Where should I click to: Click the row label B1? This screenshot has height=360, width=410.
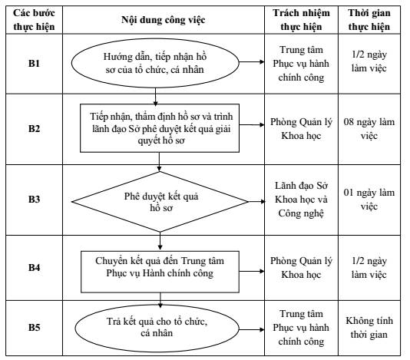coord(34,64)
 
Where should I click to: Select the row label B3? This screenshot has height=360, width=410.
coord(34,200)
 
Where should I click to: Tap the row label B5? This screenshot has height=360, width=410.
coord(34,327)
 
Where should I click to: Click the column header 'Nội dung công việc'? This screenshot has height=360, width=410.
coord(164,20)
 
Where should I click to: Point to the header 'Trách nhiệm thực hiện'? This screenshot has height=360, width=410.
coord(301,20)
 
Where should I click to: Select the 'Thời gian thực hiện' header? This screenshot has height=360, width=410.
coord(369,20)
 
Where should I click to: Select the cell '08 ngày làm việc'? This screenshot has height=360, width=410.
coord(369,129)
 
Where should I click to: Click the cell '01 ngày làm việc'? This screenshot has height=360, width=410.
coord(369,200)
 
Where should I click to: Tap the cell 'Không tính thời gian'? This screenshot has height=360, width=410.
coord(369,327)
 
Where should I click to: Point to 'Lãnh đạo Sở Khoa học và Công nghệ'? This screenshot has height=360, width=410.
coord(301,200)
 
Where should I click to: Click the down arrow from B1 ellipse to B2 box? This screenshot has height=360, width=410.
coord(155,97)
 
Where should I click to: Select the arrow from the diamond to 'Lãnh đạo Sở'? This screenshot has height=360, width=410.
coord(256,202)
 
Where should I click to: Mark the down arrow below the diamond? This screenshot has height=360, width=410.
coord(160,241)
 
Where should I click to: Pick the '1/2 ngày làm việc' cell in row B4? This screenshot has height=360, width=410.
coord(369,267)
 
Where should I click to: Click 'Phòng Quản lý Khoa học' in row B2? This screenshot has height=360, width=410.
coord(301,129)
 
